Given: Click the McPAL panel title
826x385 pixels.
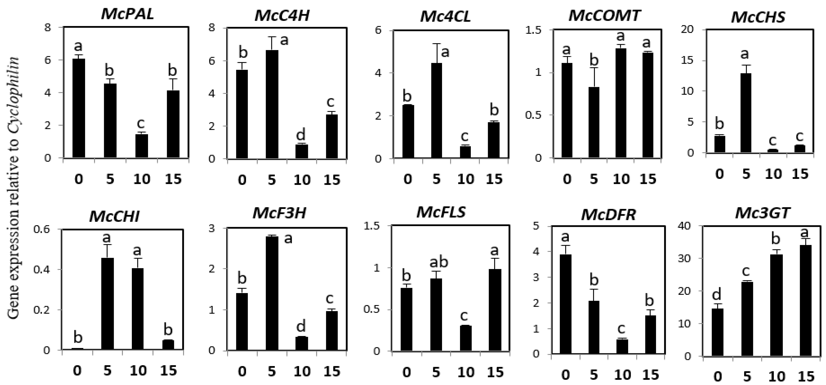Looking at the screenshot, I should (x=127, y=14).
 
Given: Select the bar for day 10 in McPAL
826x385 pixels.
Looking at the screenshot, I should (x=141, y=146).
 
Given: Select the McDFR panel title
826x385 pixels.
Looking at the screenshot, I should (x=608, y=215).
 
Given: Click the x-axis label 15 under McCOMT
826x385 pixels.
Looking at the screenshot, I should (x=648, y=179).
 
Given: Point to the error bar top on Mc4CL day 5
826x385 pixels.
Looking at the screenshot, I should (x=436, y=44).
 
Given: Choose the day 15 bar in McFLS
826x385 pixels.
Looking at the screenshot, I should (x=495, y=310).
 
